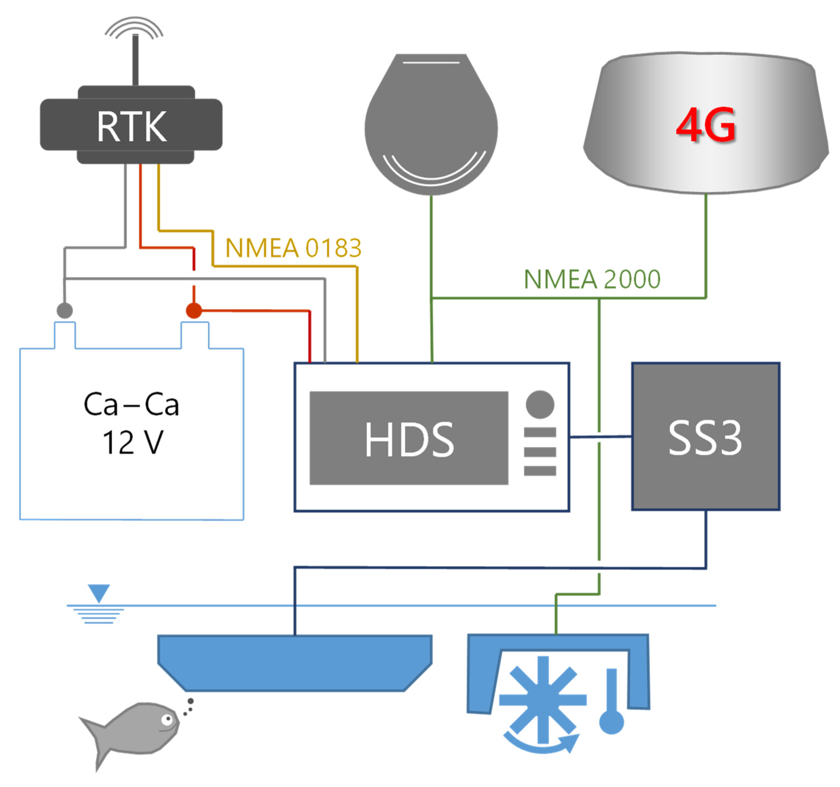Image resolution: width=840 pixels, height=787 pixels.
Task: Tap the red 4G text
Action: pyautogui.click(x=706, y=125)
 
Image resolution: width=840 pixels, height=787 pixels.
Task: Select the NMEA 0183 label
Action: pyautogui.click(x=293, y=248)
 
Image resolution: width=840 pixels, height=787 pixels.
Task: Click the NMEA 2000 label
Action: pyautogui.click(x=592, y=279)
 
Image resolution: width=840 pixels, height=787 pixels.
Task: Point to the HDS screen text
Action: pyautogui.click(x=409, y=440)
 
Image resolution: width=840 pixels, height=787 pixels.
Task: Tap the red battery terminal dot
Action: pyautogui.click(x=194, y=310)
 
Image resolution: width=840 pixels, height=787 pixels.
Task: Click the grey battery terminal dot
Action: pyautogui.click(x=65, y=310)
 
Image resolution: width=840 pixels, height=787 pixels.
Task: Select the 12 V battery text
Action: pyautogui.click(x=132, y=443)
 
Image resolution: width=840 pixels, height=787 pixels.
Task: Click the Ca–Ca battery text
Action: pyautogui.click(x=131, y=405)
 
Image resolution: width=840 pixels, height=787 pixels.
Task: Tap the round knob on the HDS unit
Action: pyautogui.click(x=540, y=405)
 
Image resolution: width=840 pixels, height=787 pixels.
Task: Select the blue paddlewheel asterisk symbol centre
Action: pyautogui.click(x=543, y=700)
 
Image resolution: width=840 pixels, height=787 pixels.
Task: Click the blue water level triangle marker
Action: pyautogui.click(x=99, y=592)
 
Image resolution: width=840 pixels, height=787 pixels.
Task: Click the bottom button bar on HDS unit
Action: pyautogui.click(x=540, y=471)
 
